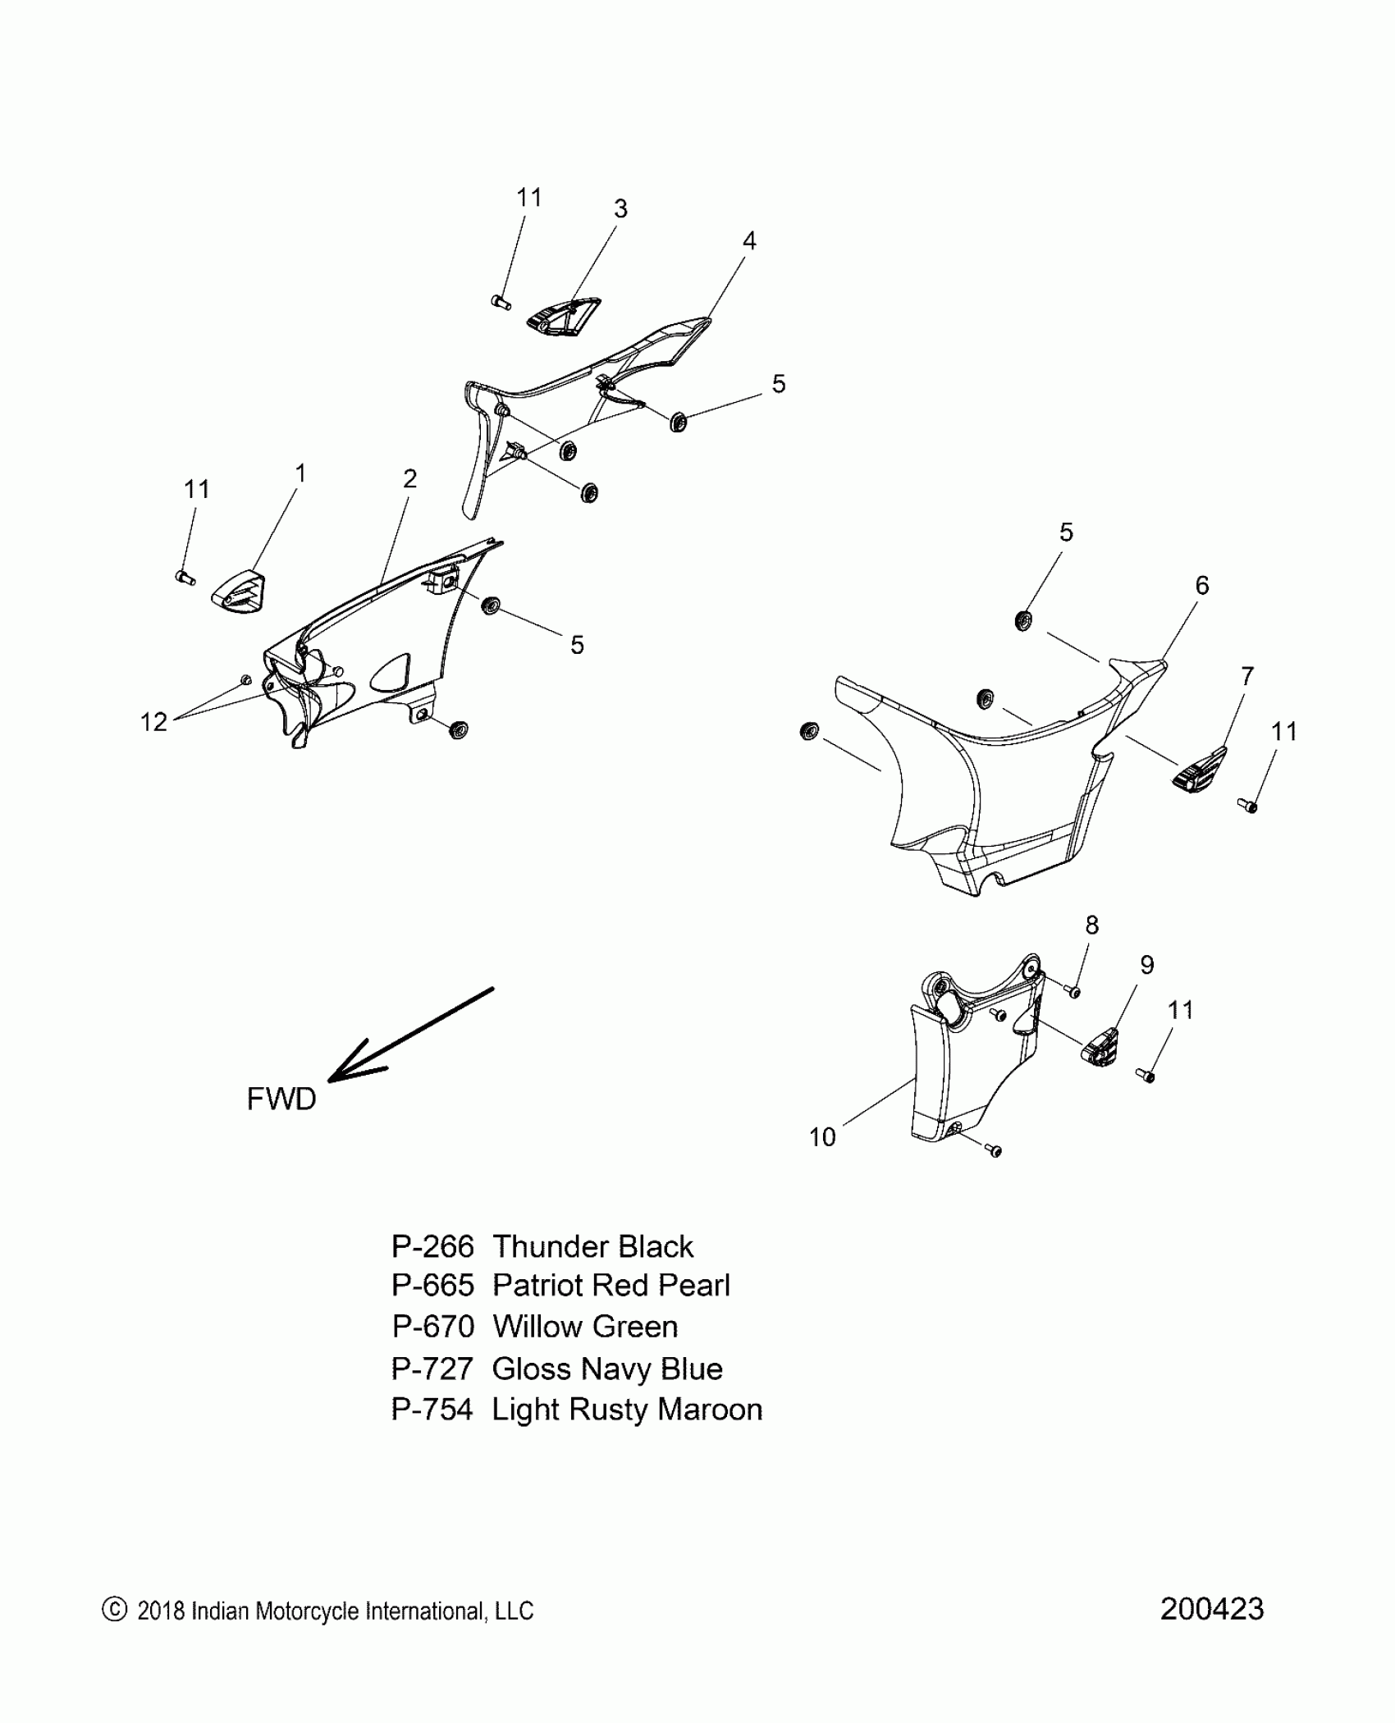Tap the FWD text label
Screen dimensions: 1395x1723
(281, 1099)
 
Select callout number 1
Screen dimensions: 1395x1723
(300, 473)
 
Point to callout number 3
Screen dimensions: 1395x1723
(620, 209)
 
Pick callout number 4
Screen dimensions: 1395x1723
(748, 240)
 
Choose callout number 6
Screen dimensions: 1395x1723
(1201, 585)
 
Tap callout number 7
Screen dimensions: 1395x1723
(1246, 676)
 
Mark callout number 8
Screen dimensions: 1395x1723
(1091, 925)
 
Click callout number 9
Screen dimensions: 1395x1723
(1146, 965)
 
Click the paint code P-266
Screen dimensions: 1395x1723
(432, 1246)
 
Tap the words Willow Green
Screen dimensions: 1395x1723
(585, 1327)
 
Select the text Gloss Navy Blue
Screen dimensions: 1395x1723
(607, 1369)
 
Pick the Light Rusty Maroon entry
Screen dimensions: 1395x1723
(627, 1410)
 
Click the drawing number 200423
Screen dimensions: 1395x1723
(1211, 1610)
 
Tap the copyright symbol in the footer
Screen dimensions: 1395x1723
(114, 1610)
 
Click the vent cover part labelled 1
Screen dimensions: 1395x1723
(239, 592)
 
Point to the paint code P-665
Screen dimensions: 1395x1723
(432, 1286)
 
